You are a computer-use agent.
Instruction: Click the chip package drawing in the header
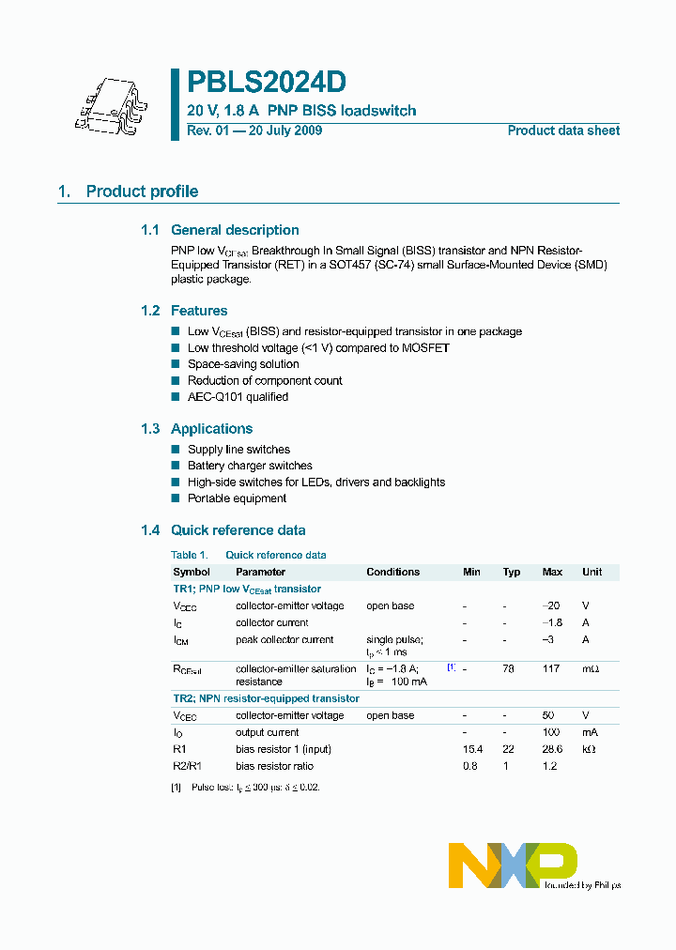[x=109, y=104]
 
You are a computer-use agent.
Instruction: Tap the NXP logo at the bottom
[x=513, y=865]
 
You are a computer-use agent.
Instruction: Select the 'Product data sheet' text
[x=563, y=130]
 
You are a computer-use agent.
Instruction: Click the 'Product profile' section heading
[x=142, y=192]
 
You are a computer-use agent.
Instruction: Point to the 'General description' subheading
[x=235, y=230]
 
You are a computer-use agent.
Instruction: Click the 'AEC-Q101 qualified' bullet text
[x=238, y=397]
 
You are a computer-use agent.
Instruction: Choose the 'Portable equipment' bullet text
[x=237, y=498]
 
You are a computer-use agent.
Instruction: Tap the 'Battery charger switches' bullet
[x=250, y=466]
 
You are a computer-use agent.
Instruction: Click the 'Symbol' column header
[x=192, y=572]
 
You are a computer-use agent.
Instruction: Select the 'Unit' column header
[x=591, y=572]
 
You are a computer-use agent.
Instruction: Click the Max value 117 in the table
[x=551, y=668]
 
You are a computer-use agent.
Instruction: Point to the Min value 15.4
[x=471, y=749]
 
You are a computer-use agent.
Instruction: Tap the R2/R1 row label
[x=188, y=766]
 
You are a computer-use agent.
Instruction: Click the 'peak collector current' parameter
[x=284, y=639]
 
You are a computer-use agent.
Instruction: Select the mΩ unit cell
[x=590, y=668]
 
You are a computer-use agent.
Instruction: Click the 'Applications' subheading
[x=211, y=429]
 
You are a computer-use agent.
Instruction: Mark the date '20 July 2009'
[x=285, y=130]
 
